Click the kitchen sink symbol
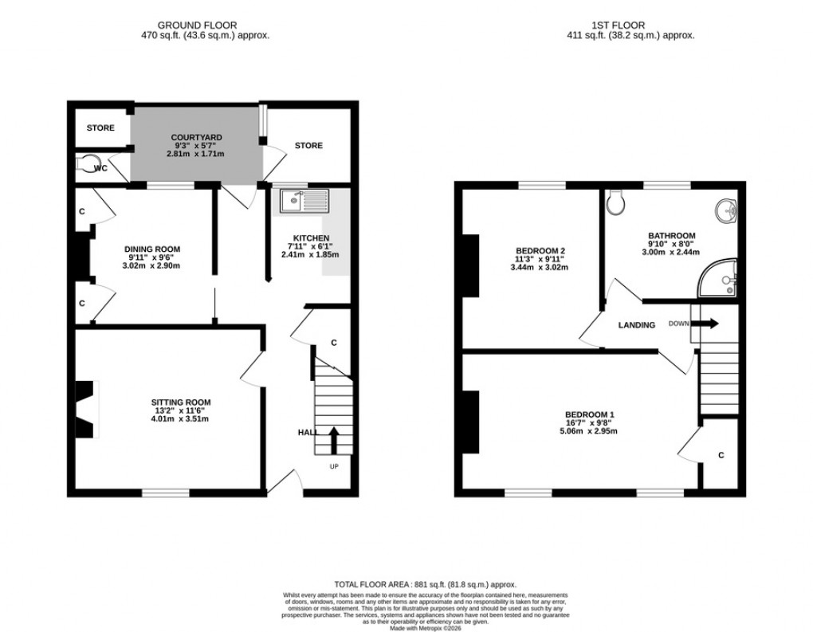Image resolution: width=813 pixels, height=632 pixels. [304, 201]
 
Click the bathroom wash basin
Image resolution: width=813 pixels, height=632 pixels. [727, 211]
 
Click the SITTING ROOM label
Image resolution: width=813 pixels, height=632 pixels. [182, 402]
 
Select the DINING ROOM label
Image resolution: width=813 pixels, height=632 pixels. [152, 249]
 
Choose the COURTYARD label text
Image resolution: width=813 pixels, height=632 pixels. [196, 138]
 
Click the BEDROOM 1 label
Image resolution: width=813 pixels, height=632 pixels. [589, 414]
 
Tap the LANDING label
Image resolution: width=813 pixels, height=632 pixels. [636, 325]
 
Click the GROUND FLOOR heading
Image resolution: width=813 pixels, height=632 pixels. [197, 26]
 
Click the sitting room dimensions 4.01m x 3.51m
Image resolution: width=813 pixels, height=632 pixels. [182, 419]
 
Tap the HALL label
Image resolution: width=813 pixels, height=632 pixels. [308, 432]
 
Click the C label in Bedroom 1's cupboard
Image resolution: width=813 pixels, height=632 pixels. [721, 455]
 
